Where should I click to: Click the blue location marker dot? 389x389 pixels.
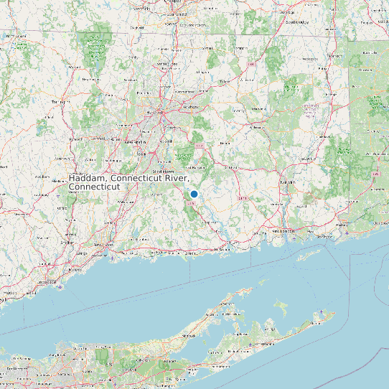194,194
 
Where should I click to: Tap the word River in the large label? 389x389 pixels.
176,178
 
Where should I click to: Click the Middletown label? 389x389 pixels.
167,172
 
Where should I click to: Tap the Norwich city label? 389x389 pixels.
286,183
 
